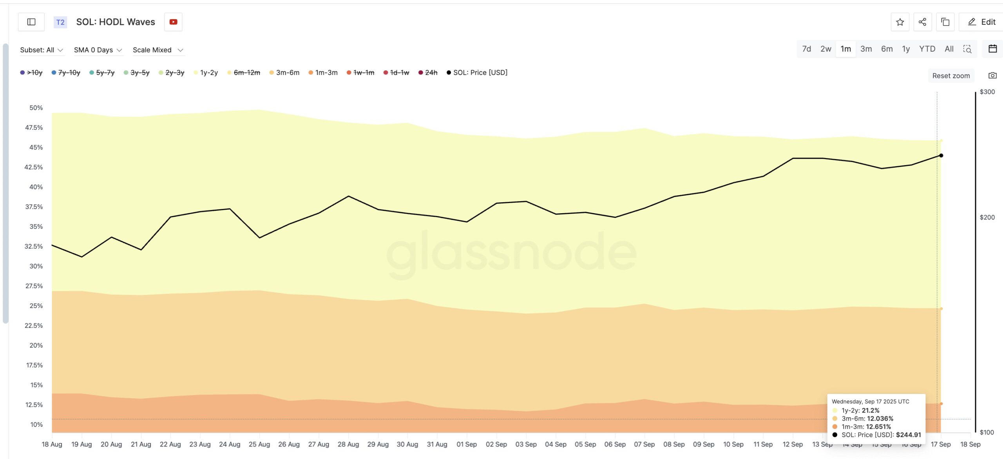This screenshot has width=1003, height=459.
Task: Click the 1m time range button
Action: point(845,49)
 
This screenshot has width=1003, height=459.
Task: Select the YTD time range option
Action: point(927,49)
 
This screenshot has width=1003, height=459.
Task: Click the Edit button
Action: point(981,22)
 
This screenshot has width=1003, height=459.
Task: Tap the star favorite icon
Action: point(900,22)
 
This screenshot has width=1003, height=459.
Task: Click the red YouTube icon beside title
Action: point(173,22)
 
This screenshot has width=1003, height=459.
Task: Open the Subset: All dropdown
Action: point(42,50)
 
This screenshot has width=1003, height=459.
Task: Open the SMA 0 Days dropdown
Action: point(98,50)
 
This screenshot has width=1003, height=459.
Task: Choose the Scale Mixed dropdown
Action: point(158,50)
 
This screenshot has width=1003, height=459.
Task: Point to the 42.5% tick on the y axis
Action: point(34,167)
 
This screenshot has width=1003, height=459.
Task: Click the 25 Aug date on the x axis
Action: point(259,444)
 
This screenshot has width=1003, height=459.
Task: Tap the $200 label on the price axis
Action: point(987,217)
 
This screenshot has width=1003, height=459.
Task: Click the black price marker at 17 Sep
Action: point(941,156)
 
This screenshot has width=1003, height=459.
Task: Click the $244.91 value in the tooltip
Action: point(908,435)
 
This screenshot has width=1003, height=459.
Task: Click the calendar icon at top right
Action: point(992,49)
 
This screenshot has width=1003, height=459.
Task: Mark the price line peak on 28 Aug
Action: point(348,196)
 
